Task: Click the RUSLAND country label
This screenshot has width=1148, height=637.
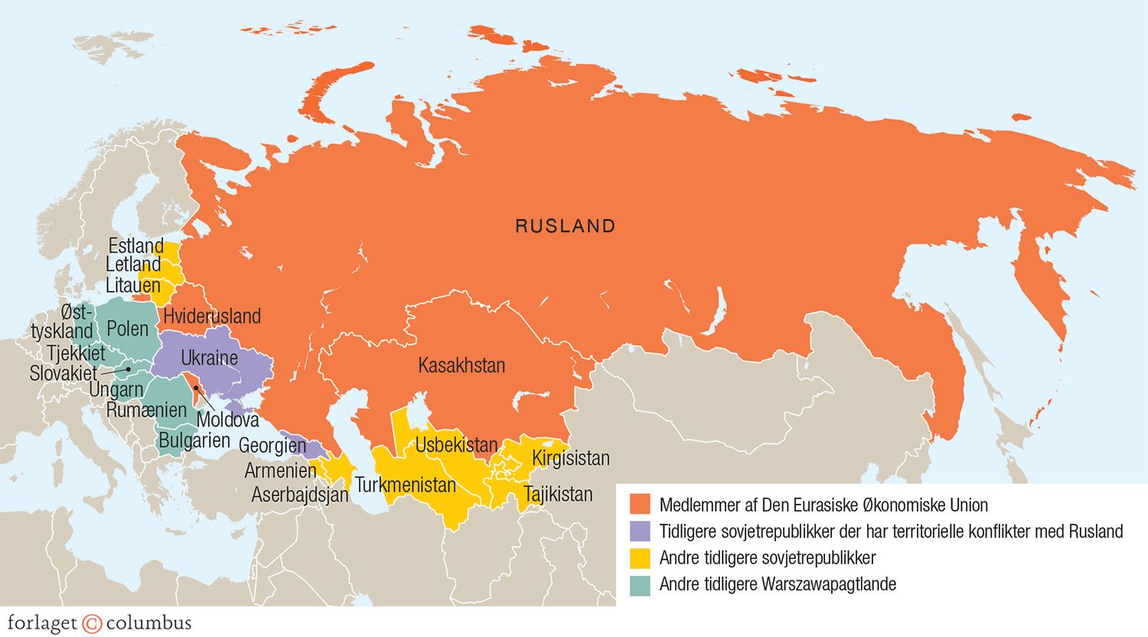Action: pyautogui.click(x=565, y=226)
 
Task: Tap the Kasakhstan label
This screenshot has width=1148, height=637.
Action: pyautogui.click(x=461, y=365)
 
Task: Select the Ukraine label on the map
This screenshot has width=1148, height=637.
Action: pyautogui.click(x=209, y=358)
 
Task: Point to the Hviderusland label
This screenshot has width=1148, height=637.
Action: pyautogui.click(x=212, y=315)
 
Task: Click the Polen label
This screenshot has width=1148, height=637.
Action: pyautogui.click(x=128, y=328)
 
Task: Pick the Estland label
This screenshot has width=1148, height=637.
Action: pyautogui.click(x=135, y=246)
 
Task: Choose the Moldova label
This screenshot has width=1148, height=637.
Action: pyautogui.click(x=228, y=420)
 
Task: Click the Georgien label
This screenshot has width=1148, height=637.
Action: pyautogui.click(x=272, y=445)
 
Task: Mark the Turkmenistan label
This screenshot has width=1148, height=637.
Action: pyautogui.click(x=406, y=485)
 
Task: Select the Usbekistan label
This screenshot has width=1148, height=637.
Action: pyautogui.click(x=456, y=444)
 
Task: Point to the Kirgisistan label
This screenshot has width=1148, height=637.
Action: pyautogui.click(x=571, y=458)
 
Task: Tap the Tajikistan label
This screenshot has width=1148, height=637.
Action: pyautogui.click(x=558, y=494)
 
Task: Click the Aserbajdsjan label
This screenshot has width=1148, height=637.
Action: pyautogui.click(x=300, y=495)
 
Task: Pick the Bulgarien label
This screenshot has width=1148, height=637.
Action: pyautogui.click(x=194, y=440)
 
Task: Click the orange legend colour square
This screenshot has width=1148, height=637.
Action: pyautogui.click(x=640, y=505)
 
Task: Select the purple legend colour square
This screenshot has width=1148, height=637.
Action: pyautogui.click(x=640, y=531)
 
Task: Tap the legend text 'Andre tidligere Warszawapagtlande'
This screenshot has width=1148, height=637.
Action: pyautogui.click(x=778, y=584)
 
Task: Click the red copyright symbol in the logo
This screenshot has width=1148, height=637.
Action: pyautogui.click(x=92, y=623)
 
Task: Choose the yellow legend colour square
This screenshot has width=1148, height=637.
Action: pyautogui.click(x=640, y=557)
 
